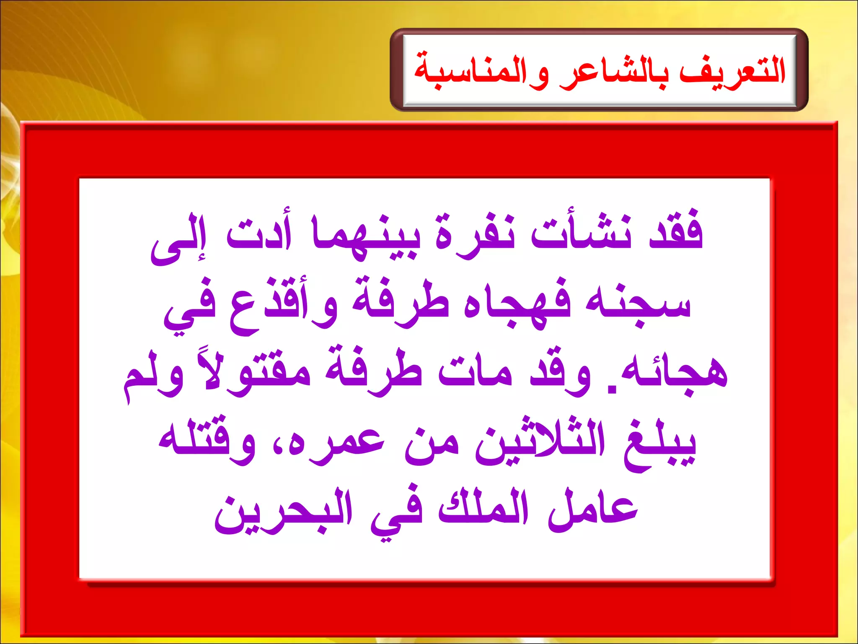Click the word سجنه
tap(637, 304)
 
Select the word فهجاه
tap(517, 304)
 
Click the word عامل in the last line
tap(593, 509)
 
